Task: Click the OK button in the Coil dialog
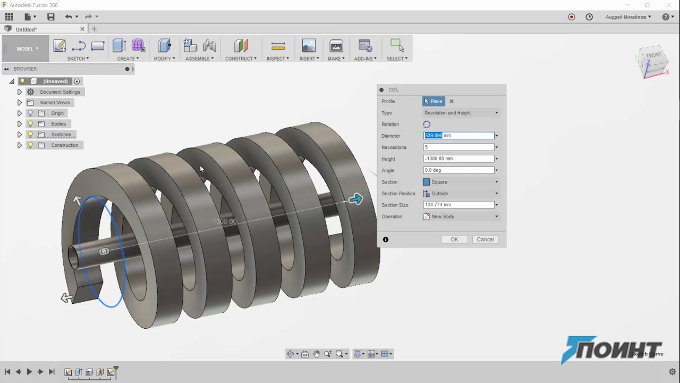[x=454, y=239]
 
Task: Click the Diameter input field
[x=458, y=136]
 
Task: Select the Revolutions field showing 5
[x=458, y=147]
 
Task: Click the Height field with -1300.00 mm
[x=458, y=159]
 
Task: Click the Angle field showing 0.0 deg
[x=458, y=170]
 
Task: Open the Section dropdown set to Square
[x=461, y=182]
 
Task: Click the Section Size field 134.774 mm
[x=458, y=205]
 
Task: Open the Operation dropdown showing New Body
[x=461, y=217]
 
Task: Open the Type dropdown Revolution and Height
[x=461, y=113]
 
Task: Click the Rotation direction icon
[x=427, y=124]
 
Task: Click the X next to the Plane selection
[x=452, y=101]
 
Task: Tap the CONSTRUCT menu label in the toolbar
[x=240, y=59]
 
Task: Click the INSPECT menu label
[x=277, y=59]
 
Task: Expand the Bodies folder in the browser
[x=20, y=124]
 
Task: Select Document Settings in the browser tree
[x=59, y=92]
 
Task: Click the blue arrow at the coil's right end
[x=355, y=199]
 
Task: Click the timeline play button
[x=29, y=372]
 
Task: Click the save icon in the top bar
[x=50, y=17]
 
